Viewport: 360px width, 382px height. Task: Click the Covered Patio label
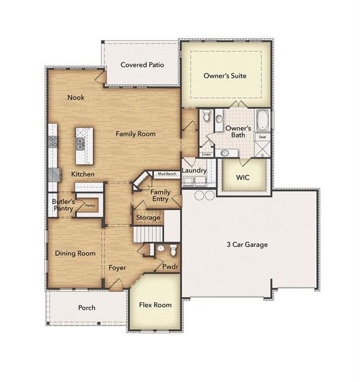pyautogui.click(x=140, y=64)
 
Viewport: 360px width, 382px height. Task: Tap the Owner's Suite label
pyautogui.click(x=225, y=75)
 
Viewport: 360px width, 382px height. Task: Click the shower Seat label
pyautogui.click(x=261, y=137)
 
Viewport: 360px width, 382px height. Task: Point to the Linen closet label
pyautogui.click(x=206, y=154)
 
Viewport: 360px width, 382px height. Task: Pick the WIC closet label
pyautogui.click(x=242, y=177)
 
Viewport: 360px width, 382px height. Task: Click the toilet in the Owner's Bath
pyautogui.click(x=218, y=118)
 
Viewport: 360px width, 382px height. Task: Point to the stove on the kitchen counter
pyautogui.click(x=53, y=142)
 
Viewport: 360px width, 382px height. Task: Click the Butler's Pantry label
pyautogui.click(x=63, y=204)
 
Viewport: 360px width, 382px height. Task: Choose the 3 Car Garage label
pyautogui.click(x=247, y=244)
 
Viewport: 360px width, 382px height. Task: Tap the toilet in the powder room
pyautogui.click(x=160, y=249)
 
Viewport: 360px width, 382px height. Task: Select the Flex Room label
pyautogui.click(x=155, y=305)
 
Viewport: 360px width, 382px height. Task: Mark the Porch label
pyautogui.click(x=87, y=308)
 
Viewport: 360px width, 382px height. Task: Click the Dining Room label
pyautogui.click(x=75, y=253)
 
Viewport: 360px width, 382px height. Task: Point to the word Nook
pyautogui.click(x=76, y=97)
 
